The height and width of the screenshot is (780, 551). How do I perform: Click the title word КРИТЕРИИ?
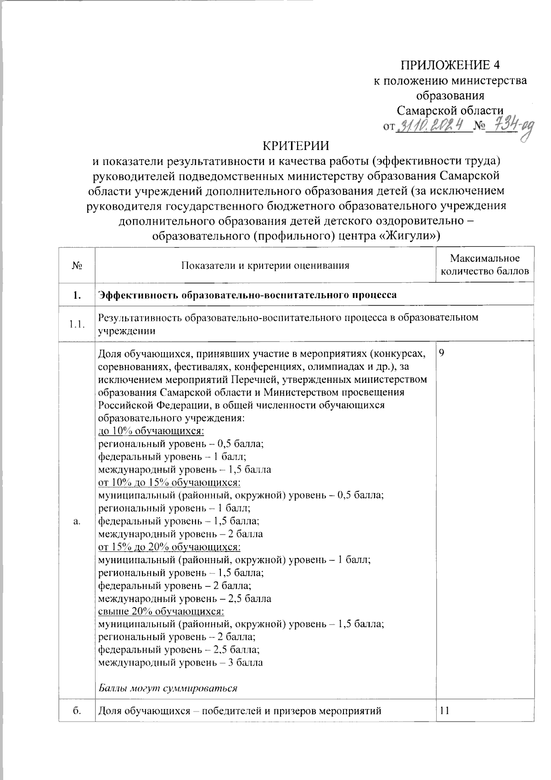click(x=296, y=146)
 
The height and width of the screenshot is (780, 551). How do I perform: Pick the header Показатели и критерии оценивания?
click(x=265, y=265)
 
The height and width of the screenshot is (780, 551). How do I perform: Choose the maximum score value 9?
click(x=442, y=353)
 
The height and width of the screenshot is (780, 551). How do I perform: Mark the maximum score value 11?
click(x=444, y=711)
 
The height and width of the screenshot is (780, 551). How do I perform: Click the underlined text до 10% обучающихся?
click(x=152, y=431)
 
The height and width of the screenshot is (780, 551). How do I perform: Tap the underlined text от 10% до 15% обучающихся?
click(x=169, y=483)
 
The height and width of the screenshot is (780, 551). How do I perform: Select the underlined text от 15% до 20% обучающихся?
click(x=169, y=547)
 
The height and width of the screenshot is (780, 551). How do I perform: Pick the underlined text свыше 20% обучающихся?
click(x=162, y=611)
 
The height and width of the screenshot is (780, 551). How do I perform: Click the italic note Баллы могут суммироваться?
click(x=168, y=688)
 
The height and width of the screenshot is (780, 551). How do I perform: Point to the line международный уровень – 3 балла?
click(x=181, y=662)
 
